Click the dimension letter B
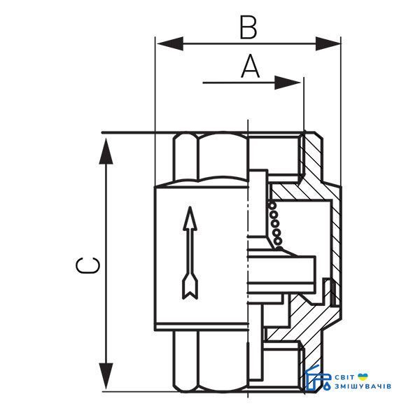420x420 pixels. tap(248, 27)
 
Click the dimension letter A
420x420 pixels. tap(251, 66)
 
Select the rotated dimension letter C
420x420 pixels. tap(87, 265)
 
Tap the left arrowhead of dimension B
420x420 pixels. tap(170, 43)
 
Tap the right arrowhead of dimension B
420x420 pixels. tap(328, 43)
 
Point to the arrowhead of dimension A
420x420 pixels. tap(288, 83)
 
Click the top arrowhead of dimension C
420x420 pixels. tap(106, 150)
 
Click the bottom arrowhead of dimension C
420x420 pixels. tap(106, 377)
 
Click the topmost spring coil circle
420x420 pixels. tap(272, 206)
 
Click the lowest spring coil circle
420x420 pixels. tap(279, 241)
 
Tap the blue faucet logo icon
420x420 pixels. tap(318, 378)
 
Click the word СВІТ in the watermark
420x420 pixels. tap(344, 377)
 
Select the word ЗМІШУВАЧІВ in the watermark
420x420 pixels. tap(363, 386)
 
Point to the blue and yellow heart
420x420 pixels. tap(363, 377)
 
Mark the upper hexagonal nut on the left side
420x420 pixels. tap(211, 158)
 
